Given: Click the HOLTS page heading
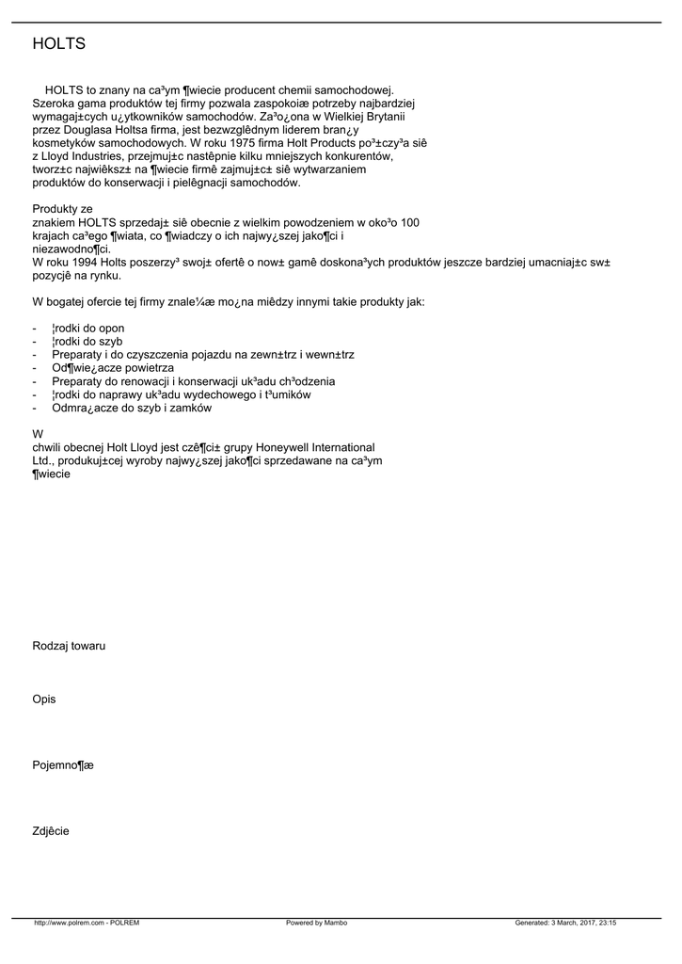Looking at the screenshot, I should (x=58, y=44).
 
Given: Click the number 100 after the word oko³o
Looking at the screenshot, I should (x=409, y=222).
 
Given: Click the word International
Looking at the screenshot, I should (x=339, y=447).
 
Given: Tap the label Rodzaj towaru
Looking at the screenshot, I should (x=69, y=646).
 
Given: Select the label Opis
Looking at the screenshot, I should (x=44, y=699).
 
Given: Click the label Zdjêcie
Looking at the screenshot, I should (x=51, y=831).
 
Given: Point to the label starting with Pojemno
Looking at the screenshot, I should (x=63, y=765).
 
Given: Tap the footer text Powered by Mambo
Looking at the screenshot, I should (x=316, y=923).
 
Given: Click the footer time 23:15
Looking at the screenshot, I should (x=607, y=923).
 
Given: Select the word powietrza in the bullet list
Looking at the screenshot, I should (x=148, y=368).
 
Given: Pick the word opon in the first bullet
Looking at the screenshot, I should (x=112, y=328).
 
